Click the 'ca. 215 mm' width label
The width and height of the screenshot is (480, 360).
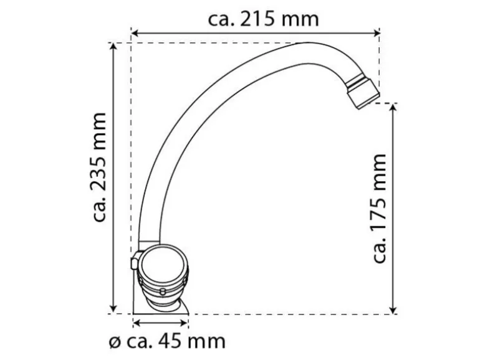point(263,19)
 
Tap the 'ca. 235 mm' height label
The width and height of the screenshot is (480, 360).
point(100,167)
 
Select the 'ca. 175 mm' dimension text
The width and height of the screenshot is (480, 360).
point(379,209)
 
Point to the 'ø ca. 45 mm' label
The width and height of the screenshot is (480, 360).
point(167,341)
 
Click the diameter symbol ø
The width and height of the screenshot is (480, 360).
point(115,343)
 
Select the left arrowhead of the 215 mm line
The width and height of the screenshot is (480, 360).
point(135,33)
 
